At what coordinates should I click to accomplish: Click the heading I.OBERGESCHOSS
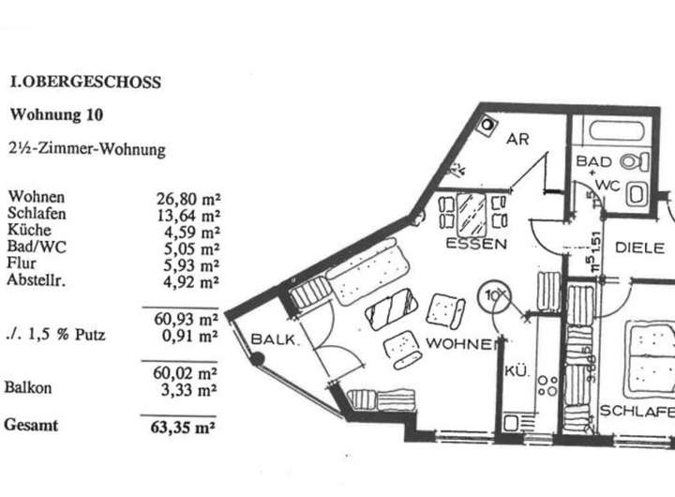[x=83, y=83]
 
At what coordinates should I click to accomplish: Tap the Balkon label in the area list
[x=28, y=386]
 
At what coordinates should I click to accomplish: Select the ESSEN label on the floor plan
[x=477, y=245]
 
